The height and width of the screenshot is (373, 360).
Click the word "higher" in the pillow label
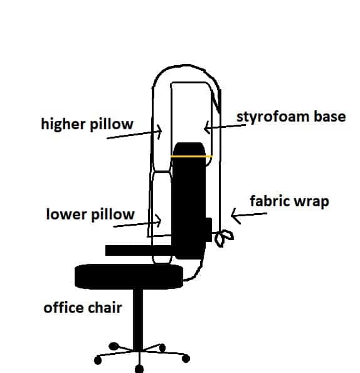coord(63,124)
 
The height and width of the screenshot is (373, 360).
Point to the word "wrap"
coord(309,202)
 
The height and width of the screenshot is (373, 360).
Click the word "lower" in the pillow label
coord(66,214)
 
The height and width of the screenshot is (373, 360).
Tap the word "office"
coord(63,307)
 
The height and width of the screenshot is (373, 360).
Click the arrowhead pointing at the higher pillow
coord(159,131)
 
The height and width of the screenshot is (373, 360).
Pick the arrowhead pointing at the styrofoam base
coord(206,127)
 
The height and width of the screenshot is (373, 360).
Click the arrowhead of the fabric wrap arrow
coord(235,216)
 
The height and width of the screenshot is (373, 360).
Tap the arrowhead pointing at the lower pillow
coord(159,220)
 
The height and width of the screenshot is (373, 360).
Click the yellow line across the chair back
coord(191,156)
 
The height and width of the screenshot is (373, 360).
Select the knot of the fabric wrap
coord(223,238)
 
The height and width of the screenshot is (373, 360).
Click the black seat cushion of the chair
coord(129,276)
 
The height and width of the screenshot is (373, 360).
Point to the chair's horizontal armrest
coord(139,251)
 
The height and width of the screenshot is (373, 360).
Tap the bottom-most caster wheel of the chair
coord(139,369)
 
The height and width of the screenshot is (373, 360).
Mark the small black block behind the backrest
coord(209,229)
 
